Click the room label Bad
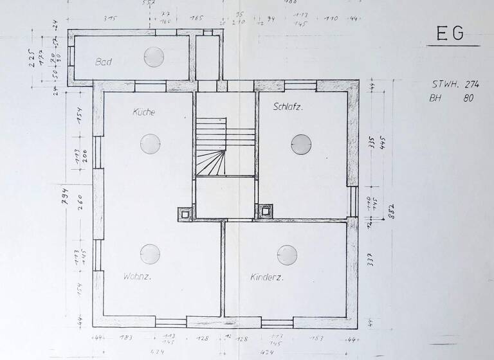click(104, 62)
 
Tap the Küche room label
click(144, 112)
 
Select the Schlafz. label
click(288, 107)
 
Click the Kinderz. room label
click(267, 278)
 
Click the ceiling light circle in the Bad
click(154, 57)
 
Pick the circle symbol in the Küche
click(151, 143)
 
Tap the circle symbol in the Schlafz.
click(301, 144)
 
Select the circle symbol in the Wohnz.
click(151, 255)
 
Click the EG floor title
click(450, 34)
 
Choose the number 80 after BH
click(468, 99)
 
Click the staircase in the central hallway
click(212, 147)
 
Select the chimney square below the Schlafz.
click(265, 210)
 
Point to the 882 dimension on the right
click(389, 210)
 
